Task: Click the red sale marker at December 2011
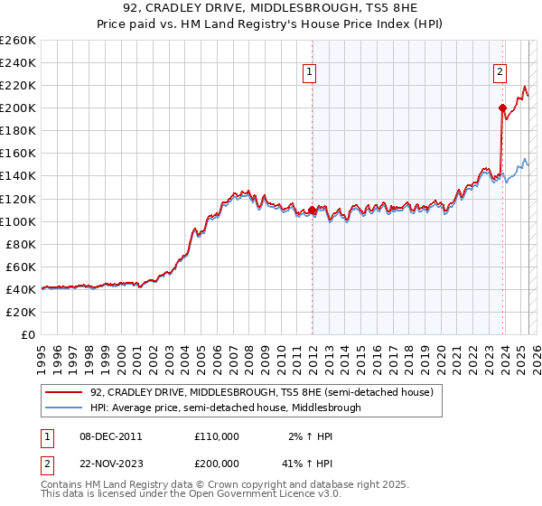tap(312, 210)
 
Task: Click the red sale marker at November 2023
tap(502, 108)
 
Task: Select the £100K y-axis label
tap(18, 221)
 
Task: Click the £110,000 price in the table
tap(217, 436)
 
